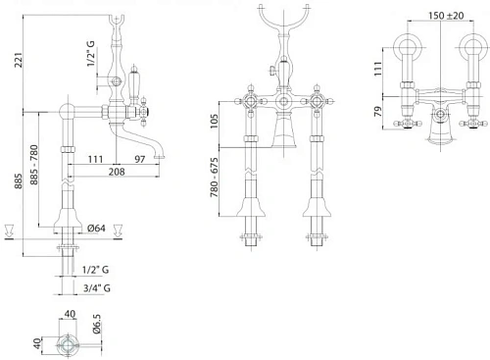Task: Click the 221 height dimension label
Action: coord(19,60)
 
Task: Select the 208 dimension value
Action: coord(117,172)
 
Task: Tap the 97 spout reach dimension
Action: coord(140,159)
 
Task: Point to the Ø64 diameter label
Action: coord(96,228)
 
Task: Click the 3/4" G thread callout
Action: coord(97,288)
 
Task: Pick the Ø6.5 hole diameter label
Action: coord(97,324)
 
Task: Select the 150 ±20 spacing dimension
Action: coord(446,16)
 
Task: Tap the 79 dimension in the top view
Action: coord(378,112)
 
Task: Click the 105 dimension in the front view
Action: coord(214,121)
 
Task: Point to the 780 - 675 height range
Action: coord(214,178)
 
